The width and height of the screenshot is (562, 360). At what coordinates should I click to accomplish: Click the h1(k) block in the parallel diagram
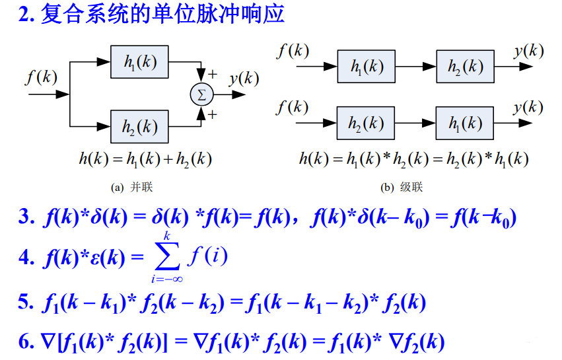pyautogui.click(x=140, y=62)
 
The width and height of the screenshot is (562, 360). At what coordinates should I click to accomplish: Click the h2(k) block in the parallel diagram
pyautogui.click(x=140, y=126)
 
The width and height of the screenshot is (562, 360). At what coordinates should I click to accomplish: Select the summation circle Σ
pyautogui.click(x=201, y=94)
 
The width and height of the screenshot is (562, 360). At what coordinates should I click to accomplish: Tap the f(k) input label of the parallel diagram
pyautogui.click(x=41, y=77)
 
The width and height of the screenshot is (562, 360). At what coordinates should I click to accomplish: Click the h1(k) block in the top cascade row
pyautogui.click(x=365, y=67)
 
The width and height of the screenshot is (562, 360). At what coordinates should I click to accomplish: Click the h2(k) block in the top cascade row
pyautogui.click(x=464, y=67)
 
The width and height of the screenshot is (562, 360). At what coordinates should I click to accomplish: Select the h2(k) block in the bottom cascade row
pyautogui.click(x=365, y=123)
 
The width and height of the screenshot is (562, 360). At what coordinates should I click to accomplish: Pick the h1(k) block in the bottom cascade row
pyautogui.click(x=464, y=123)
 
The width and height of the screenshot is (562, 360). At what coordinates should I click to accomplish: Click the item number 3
pyautogui.click(x=25, y=217)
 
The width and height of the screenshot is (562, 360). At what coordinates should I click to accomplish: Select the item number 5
pyautogui.click(x=25, y=303)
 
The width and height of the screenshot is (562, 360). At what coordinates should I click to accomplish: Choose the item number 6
pyautogui.click(x=25, y=342)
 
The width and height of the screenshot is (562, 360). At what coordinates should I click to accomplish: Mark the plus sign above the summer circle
pyautogui.click(x=213, y=73)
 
